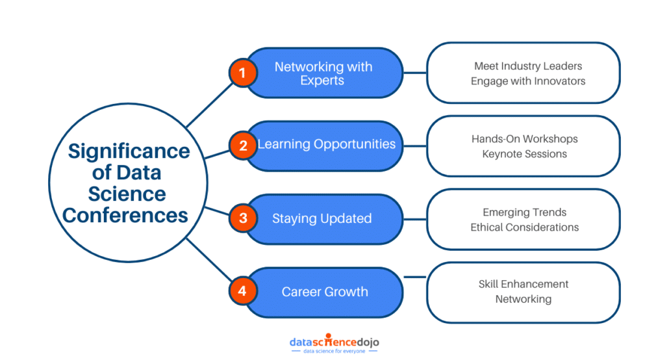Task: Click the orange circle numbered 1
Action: click(242, 73)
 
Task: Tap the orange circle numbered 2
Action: click(242, 146)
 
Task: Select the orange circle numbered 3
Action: click(242, 218)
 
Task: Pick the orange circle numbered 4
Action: click(242, 291)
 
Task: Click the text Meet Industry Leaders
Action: click(527, 66)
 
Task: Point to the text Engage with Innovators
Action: click(527, 81)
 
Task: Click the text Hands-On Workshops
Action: click(524, 138)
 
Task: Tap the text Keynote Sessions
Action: click(524, 154)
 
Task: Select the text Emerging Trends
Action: click(524, 212)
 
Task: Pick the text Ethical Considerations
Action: click(524, 227)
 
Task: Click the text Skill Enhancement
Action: click(524, 284)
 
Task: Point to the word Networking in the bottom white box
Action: click(524, 299)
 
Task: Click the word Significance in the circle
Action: click(129, 151)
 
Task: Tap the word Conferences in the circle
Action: click(125, 214)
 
